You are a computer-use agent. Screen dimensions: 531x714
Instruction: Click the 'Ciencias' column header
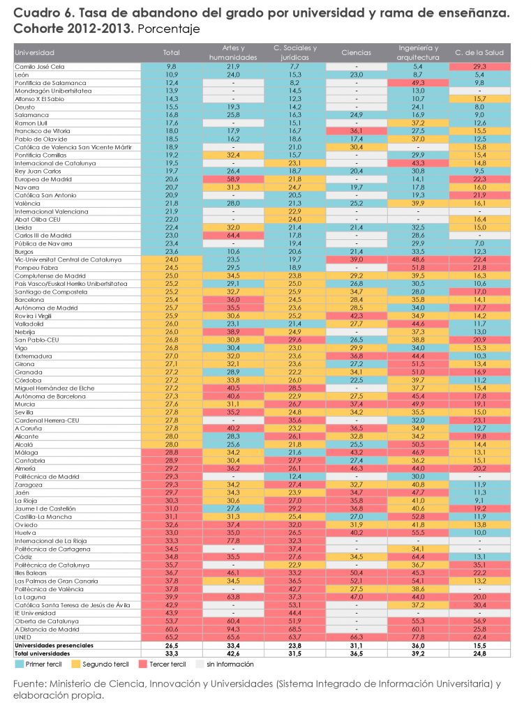coord(356,53)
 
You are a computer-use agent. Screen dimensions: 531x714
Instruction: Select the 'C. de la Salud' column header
coord(479,53)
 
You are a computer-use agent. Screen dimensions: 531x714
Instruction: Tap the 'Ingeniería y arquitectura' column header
coord(418,53)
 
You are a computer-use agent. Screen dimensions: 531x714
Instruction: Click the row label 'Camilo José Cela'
coord(40,66)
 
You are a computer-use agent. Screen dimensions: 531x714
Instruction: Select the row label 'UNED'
coord(23,637)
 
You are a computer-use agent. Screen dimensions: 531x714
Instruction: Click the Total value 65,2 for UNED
coord(172,637)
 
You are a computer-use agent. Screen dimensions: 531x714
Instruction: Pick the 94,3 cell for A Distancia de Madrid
coord(233,630)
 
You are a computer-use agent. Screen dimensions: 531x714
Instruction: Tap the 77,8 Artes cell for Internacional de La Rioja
coord(233,541)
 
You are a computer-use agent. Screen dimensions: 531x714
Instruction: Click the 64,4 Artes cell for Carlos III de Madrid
coord(233,236)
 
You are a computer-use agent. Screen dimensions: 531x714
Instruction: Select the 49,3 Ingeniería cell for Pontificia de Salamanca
coord(418,83)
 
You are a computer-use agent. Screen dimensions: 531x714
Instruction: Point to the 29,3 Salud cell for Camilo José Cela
coord(479,66)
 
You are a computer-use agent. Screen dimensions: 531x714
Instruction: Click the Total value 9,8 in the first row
coord(172,66)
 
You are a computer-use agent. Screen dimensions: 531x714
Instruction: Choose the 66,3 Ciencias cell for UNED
coord(357,637)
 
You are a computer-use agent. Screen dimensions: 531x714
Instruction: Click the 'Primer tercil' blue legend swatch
coord(19,664)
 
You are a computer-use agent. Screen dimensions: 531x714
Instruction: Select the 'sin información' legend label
coord(230,664)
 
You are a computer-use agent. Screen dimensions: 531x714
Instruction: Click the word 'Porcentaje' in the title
coord(169,29)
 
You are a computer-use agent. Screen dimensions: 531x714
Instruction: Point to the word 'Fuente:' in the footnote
coord(29,684)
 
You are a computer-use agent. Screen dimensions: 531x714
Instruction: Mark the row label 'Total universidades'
coord(43,654)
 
